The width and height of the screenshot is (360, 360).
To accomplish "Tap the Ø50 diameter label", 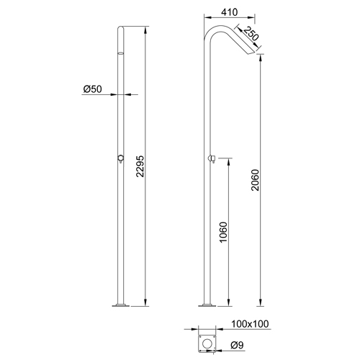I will [92, 89].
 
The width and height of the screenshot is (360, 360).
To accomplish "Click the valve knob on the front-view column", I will [120, 160].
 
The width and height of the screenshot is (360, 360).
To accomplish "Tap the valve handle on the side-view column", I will [212, 158].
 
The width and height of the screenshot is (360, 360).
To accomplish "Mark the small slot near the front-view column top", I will [120, 53].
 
